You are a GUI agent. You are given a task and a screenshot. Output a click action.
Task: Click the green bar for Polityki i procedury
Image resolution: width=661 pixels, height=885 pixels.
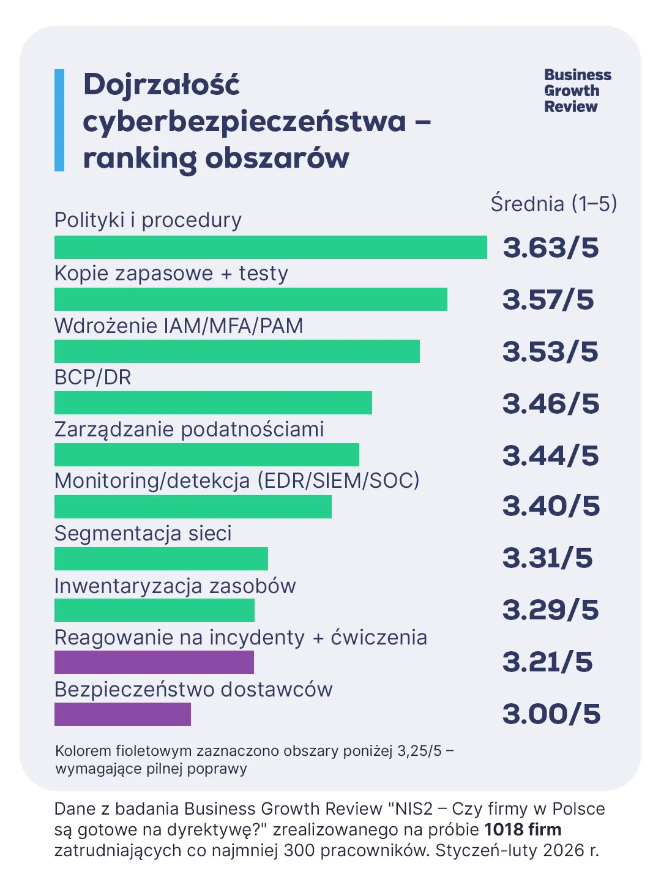271,247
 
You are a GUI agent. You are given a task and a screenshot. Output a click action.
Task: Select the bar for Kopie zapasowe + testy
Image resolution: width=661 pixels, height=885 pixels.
251,299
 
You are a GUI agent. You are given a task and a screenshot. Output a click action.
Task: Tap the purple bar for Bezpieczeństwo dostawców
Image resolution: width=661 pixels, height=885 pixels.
122,714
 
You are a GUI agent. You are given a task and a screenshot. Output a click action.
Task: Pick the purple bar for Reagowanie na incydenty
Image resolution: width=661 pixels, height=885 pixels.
154,662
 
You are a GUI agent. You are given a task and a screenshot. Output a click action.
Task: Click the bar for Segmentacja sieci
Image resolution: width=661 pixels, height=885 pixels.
161,559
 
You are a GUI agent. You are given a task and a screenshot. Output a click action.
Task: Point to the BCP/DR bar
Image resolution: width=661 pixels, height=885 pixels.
213,403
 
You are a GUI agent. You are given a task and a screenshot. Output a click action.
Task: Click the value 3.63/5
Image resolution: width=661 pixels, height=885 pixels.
550,247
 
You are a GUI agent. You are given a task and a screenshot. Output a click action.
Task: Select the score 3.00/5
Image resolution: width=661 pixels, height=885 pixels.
551,714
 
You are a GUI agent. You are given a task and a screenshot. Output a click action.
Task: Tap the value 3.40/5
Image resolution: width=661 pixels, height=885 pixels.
551,506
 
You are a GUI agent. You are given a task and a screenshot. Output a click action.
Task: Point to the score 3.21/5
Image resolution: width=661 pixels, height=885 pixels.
547,662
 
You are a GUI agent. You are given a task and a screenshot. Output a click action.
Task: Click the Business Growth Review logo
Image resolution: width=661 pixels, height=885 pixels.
577,91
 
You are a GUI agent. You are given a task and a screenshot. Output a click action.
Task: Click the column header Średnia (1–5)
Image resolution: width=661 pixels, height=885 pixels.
553,204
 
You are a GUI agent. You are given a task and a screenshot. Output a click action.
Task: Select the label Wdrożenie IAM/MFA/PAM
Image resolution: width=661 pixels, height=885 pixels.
179,326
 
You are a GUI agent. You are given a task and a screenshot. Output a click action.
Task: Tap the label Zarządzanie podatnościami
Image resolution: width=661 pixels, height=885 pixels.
189,430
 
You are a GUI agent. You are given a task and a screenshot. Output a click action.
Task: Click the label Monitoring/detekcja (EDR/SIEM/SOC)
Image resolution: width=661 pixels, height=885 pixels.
237,481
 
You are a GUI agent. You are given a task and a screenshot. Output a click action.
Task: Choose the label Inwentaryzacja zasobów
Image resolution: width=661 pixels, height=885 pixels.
175,586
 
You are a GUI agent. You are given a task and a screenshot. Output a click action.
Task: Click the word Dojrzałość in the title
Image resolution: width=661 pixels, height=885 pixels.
162,84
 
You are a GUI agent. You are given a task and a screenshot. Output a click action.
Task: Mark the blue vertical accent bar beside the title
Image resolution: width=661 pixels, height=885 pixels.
59,120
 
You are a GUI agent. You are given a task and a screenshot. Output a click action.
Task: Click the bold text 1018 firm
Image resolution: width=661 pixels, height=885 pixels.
523,830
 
